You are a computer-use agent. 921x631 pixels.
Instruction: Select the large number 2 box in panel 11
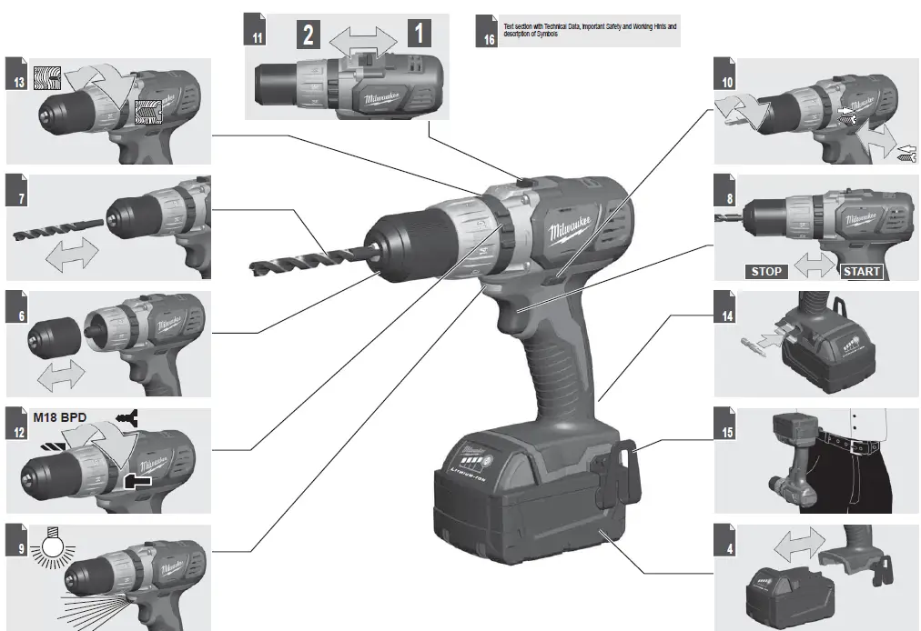click(310, 35)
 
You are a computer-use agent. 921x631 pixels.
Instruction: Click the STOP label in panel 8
click(766, 271)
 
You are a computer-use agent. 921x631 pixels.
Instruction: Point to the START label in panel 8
click(860, 271)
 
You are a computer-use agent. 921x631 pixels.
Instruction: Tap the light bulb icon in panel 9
click(50, 550)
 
